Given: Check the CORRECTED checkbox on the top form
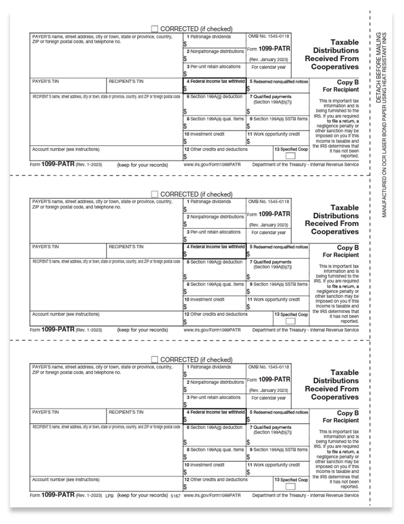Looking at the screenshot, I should [155, 29].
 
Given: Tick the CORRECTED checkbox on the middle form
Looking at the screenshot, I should [155, 194].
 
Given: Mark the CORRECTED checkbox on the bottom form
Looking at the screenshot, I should [155, 359].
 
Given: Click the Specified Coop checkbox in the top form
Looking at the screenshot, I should [290, 156].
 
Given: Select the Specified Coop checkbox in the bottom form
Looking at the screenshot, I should [290, 486].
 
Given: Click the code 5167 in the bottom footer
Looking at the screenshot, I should [176, 496].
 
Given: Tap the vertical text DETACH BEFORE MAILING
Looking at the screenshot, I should [378, 67].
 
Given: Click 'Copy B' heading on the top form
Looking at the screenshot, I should [348, 82].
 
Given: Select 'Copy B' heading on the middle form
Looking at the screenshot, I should [348, 248].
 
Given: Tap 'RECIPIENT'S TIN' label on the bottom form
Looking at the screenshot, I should [126, 412].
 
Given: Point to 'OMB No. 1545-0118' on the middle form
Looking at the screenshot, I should [269, 202].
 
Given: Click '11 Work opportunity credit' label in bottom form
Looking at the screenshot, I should [273, 465].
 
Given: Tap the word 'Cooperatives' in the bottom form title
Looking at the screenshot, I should [335, 397].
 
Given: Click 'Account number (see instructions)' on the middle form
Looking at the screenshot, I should [66, 314].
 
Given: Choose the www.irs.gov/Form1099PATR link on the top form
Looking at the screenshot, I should [212, 165].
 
